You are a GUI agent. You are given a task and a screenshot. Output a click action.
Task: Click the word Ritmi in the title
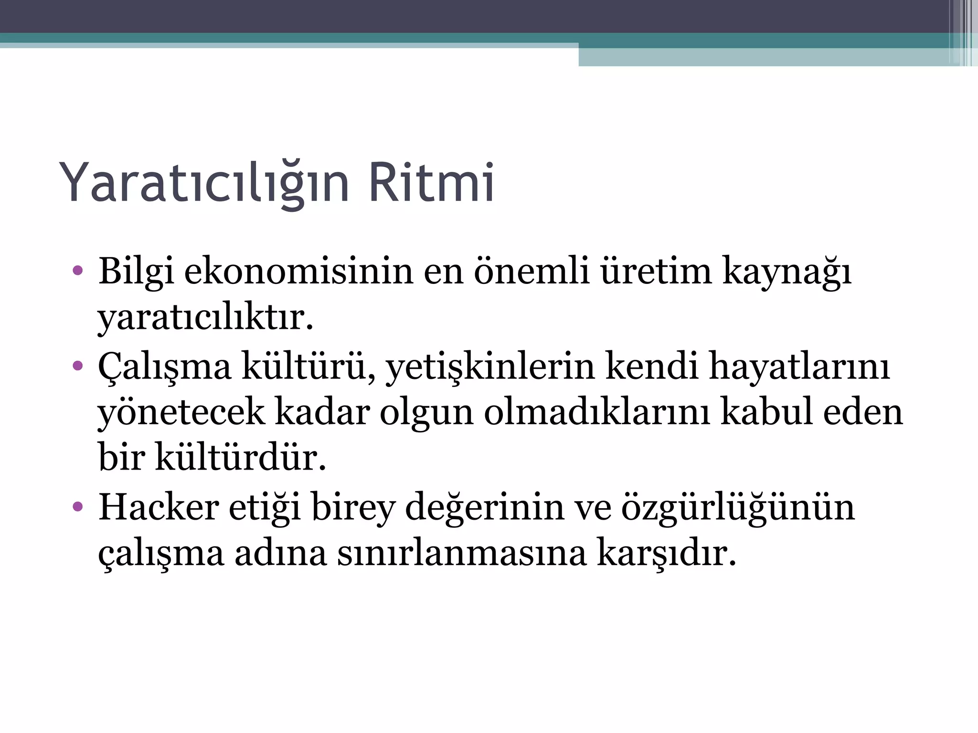431,183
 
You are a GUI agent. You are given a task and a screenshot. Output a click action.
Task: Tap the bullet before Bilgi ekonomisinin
78,271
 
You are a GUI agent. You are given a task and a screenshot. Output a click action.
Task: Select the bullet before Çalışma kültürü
78,366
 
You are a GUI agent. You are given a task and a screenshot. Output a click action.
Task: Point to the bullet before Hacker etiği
78,507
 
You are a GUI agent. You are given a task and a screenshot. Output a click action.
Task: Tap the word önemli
531,271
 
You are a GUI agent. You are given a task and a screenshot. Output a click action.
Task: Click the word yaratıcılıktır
205,318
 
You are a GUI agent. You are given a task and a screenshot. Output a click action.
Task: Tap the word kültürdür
240,458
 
